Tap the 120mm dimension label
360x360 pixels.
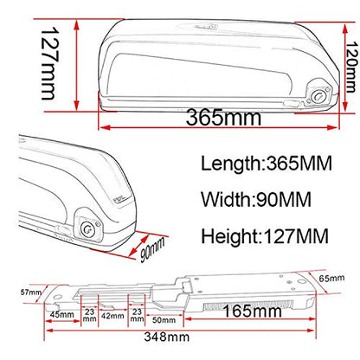click(351, 67)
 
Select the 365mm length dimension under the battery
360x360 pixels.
click(223, 117)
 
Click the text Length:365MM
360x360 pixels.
click(267, 164)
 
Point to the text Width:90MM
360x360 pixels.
click(256, 199)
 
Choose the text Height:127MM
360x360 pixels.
click(265, 236)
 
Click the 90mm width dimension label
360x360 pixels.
click(152, 250)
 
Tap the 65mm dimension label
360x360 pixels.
click(331, 279)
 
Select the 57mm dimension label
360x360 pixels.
click(31, 292)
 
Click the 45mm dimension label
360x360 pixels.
click(62, 314)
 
